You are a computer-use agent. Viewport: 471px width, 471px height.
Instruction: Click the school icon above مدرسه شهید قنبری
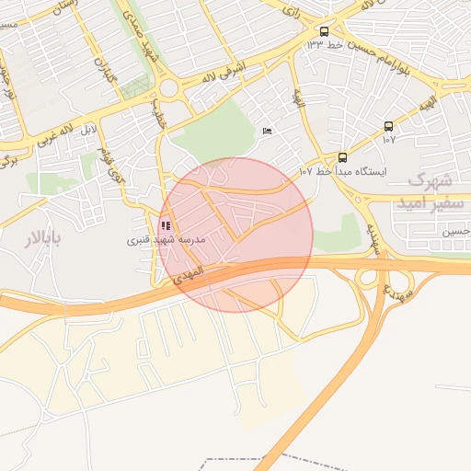[x=166, y=225]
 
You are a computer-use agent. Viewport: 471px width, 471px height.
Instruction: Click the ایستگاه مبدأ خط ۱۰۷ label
[x=344, y=171]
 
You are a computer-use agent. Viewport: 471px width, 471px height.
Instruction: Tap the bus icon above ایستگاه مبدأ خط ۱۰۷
[x=343, y=157]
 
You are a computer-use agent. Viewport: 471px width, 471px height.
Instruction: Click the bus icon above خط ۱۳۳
[x=324, y=30]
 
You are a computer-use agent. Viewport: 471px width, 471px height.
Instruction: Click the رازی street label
[x=293, y=14]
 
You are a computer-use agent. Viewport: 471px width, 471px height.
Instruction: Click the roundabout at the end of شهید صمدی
[x=169, y=88]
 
